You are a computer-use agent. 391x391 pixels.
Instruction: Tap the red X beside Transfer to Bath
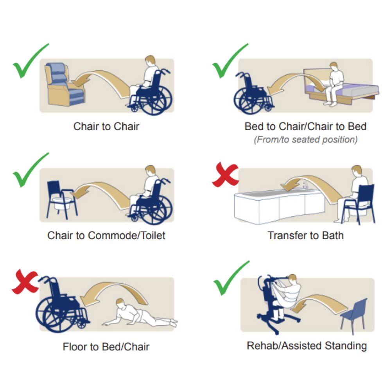click(x=225, y=174)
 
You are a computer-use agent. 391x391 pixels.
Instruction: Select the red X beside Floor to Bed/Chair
click(x=25, y=282)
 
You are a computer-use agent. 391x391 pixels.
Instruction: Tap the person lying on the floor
click(x=140, y=314)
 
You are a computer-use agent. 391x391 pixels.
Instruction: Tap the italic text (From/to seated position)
click(x=305, y=140)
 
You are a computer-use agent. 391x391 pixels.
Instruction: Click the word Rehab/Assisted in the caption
click(x=284, y=346)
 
